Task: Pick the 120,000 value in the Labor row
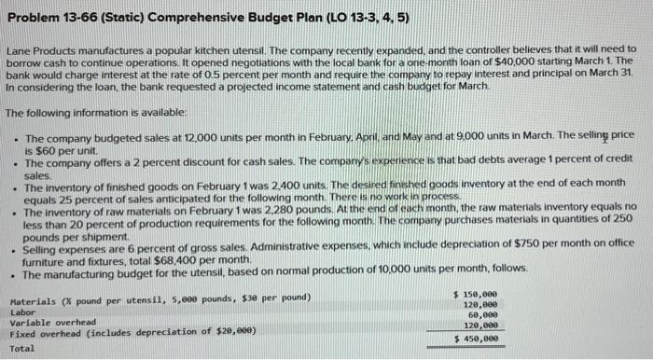pos(479,305)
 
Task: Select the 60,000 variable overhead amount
pos(482,315)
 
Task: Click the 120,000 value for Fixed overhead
pos(479,326)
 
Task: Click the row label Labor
pos(21,312)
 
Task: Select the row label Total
pos(21,348)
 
